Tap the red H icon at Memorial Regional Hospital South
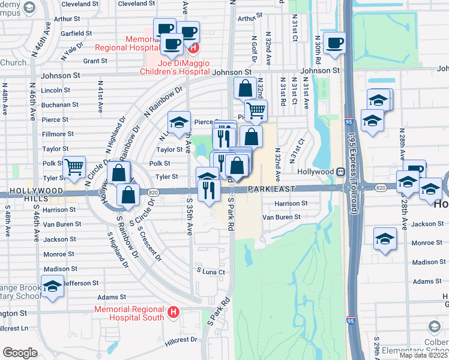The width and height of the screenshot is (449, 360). click(x=173, y=312)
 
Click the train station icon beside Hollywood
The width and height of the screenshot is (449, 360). click(x=340, y=172)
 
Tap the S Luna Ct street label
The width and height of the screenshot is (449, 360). click(x=211, y=272)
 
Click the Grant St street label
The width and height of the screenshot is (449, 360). click(x=95, y=61)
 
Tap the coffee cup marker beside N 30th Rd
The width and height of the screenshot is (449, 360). click(x=334, y=43)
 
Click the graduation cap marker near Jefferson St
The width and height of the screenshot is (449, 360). click(x=52, y=286)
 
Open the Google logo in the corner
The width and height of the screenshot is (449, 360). click(x=20, y=353)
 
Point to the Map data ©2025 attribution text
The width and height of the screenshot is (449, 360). click(x=423, y=355)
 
